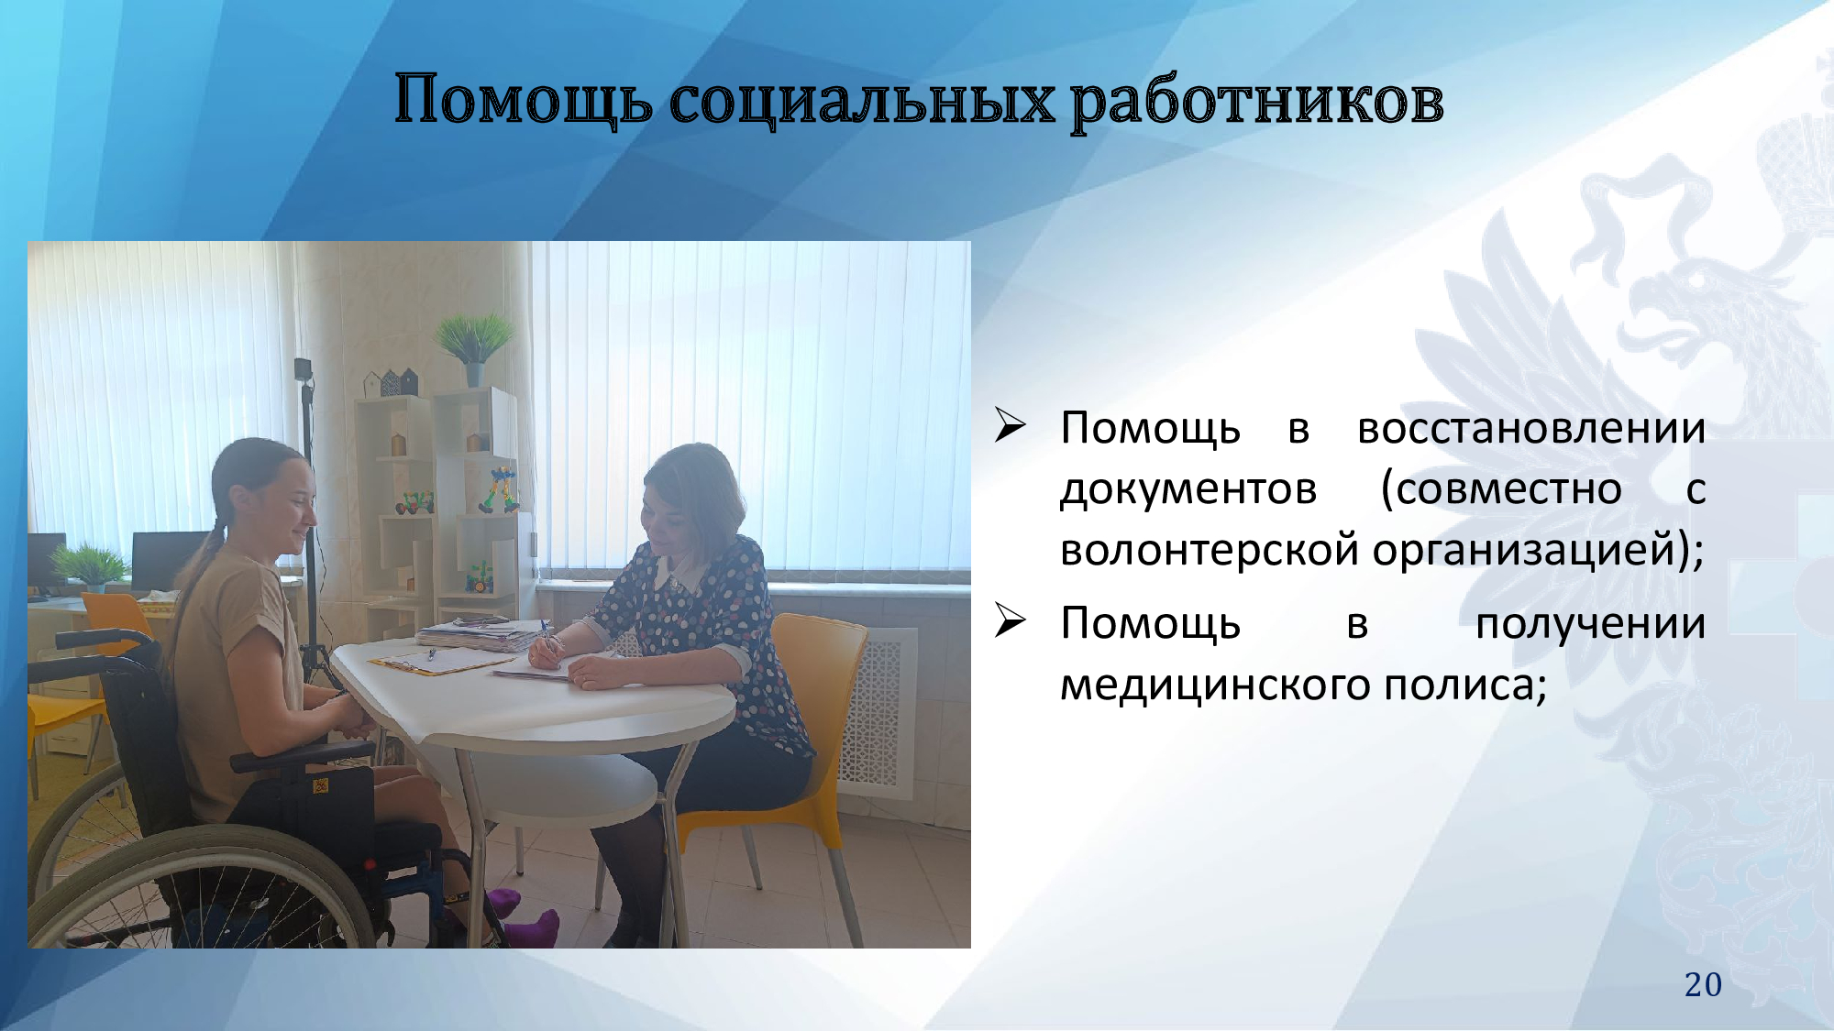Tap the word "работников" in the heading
coord(1257,101)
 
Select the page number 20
coord(1703,984)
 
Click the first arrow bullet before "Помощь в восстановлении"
coord(1010,425)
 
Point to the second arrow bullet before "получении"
coord(1010,620)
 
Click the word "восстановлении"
coord(1531,428)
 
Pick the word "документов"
coord(1188,490)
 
